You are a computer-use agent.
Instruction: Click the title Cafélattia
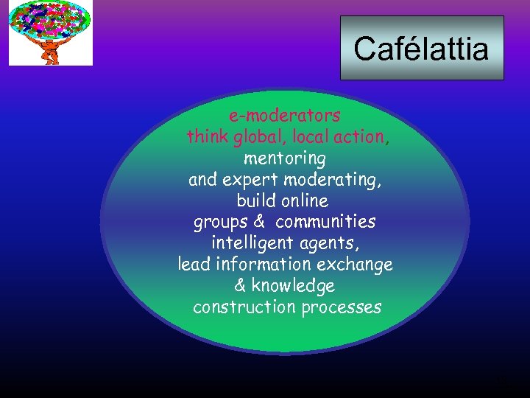click(x=421, y=49)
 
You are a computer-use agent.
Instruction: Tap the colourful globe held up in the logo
click(x=50, y=21)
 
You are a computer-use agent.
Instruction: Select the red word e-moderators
click(x=284, y=116)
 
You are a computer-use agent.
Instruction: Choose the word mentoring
click(x=284, y=158)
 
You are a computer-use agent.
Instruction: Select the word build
click(x=255, y=200)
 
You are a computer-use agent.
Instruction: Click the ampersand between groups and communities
click(x=258, y=222)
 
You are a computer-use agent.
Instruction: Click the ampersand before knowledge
click(x=240, y=285)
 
